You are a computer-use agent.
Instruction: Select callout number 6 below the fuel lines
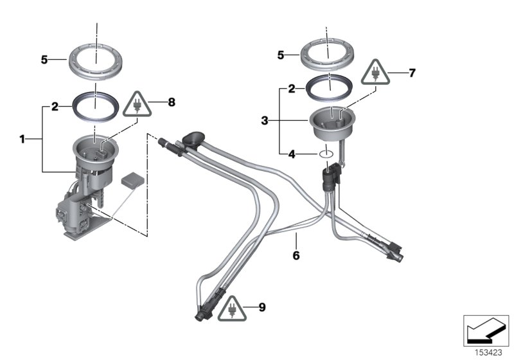296,255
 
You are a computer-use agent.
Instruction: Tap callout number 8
171,102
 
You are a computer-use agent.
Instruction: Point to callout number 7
412,73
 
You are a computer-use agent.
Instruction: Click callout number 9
262,308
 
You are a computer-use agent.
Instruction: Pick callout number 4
291,154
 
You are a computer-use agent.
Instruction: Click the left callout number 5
44,60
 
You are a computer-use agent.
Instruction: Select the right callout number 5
281,56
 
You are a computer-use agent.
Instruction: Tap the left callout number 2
55,106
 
